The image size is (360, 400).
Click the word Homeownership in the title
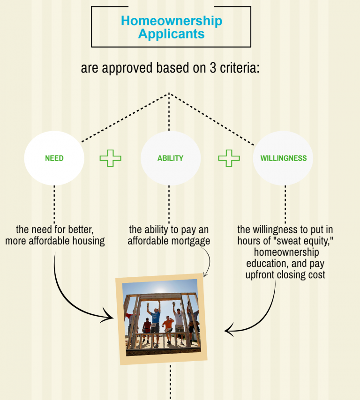(172, 21)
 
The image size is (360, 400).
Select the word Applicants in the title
(171, 34)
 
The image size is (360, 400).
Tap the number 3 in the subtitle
(213, 68)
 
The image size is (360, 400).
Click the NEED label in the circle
(54, 158)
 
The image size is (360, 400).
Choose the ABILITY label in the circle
(170, 158)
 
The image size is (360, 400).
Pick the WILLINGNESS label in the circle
(284, 158)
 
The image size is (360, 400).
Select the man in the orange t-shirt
(168, 330)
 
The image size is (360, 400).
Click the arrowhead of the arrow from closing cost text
(228, 330)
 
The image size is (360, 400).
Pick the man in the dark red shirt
(147, 330)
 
